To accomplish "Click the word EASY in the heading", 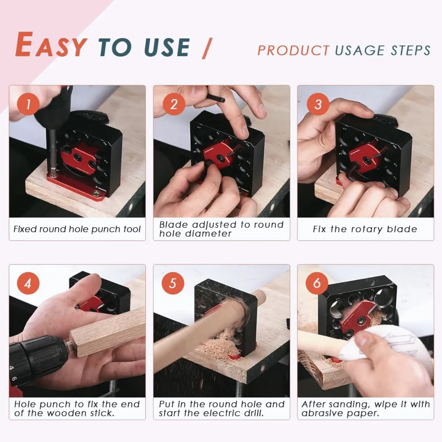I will (51, 45).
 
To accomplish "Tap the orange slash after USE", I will (206, 48).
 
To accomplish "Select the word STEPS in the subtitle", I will (411, 50).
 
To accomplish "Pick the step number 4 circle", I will (28, 283).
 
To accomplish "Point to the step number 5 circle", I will (173, 283).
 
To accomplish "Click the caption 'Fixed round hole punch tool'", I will (77, 229).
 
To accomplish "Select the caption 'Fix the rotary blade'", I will (365, 229).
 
